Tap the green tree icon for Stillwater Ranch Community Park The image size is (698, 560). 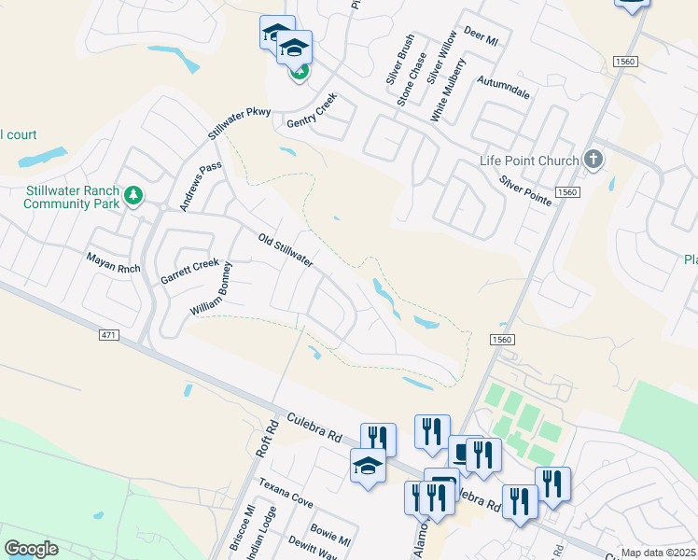[x=135, y=195]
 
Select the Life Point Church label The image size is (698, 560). [x=529, y=161]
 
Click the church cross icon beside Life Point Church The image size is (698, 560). [x=593, y=160]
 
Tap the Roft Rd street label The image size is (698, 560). [x=267, y=439]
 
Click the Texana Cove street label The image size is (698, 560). [x=286, y=494]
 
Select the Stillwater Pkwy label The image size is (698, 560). [x=239, y=122]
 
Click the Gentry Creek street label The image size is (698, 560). [x=311, y=116]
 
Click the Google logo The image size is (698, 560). [x=31, y=549]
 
